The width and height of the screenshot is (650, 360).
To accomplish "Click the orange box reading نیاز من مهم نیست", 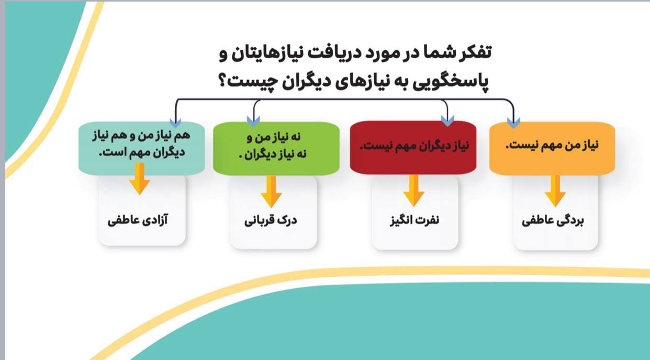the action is (552, 148).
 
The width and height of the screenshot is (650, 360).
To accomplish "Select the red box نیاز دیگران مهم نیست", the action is (413, 148).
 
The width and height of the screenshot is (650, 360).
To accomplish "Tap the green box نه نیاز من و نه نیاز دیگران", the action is (276, 149).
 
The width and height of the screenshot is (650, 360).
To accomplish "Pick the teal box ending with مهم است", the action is (142, 148).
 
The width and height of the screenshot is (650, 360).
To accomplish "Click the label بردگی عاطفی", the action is (553, 221).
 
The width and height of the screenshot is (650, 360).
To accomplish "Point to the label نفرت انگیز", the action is (414, 220).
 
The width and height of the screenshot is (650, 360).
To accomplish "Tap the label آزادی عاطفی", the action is (138, 220).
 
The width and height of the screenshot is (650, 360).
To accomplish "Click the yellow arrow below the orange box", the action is (555, 191).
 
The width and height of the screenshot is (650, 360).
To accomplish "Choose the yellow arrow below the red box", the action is (413, 190).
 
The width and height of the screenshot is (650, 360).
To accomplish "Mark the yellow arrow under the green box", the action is (271, 192).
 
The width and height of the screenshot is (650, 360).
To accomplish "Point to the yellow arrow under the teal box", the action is (140, 179).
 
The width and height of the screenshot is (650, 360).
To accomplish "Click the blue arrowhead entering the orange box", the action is (513, 123).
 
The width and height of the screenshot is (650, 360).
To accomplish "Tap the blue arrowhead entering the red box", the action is (447, 121).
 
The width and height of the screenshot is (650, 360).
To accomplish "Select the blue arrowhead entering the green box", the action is (253, 121).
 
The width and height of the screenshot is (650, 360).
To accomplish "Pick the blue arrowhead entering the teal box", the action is (175, 122).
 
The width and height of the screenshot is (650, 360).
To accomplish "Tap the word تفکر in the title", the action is (474, 53).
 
